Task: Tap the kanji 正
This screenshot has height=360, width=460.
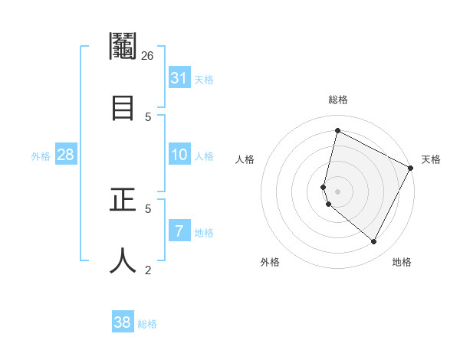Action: pyautogui.click(x=123, y=200)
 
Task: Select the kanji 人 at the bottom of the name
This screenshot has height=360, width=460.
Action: pyautogui.click(x=123, y=260)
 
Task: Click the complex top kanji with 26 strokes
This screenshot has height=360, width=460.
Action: pyautogui.click(x=123, y=47)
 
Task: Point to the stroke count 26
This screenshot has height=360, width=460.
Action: pyautogui.click(x=148, y=55)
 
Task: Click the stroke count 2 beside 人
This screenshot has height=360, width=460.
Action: pyautogui.click(x=148, y=270)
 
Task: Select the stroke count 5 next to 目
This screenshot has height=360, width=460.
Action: pyautogui.click(x=148, y=116)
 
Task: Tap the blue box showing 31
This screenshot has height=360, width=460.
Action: pyautogui.click(x=179, y=78)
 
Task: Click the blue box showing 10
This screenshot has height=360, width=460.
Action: pyautogui.click(x=179, y=155)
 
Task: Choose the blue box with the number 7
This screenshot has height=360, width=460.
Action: pyautogui.click(x=179, y=231)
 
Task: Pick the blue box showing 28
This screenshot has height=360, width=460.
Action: pyautogui.click(x=66, y=155)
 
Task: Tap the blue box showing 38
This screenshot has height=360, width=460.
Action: pyautogui.click(x=123, y=322)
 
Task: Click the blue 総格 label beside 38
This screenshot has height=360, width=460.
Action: pyautogui.click(x=147, y=324)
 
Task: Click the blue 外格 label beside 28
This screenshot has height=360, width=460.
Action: pyautogui.click(x=41, y=156)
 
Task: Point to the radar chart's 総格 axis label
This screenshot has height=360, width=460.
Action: pyautogui.click(x=337, y=100)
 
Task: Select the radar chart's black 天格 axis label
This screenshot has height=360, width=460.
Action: pyautogui.click(x=431, y=159)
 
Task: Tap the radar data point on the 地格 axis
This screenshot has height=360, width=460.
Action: pyautogui.click(x=374, y=242)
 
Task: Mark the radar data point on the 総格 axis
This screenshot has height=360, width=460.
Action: pyautogui.click(x=337, y=130)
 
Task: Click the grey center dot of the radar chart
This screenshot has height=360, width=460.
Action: pyautogui.click(x=337, y=191)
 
